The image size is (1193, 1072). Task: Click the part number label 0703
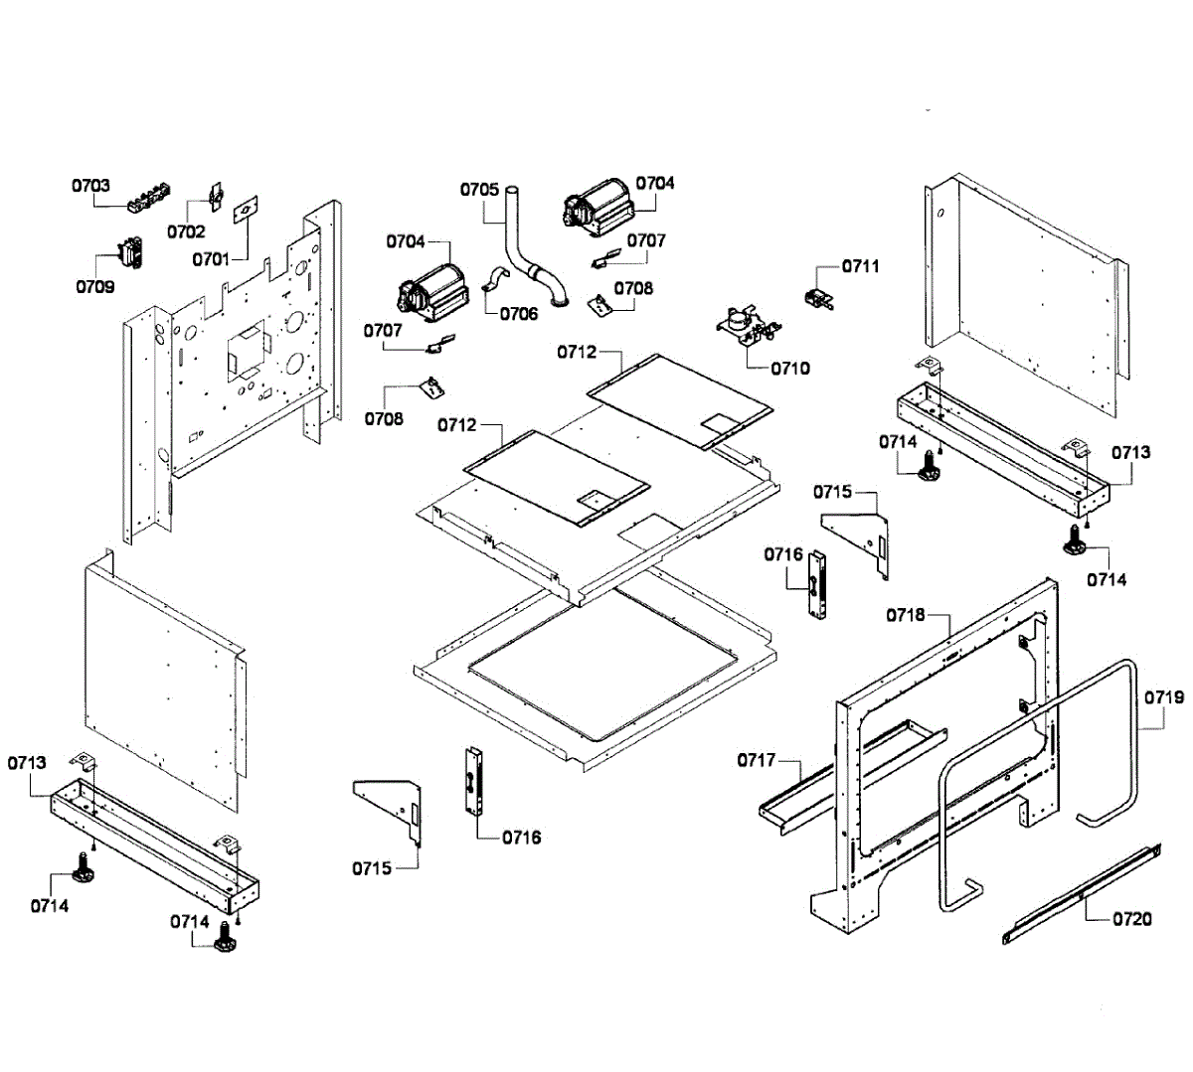91,186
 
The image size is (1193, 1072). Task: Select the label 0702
186,231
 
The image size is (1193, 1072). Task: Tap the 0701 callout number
211,259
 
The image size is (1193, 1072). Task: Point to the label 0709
95,286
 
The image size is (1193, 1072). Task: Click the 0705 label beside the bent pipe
480,190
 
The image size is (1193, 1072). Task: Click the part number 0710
790,369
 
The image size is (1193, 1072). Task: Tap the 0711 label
861,266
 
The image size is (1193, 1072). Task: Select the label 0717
757,760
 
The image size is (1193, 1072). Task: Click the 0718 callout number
906,615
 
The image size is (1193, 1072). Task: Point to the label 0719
1164,696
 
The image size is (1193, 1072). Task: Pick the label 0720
1132,919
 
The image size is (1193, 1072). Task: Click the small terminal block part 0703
148,198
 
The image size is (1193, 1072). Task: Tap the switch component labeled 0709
131,252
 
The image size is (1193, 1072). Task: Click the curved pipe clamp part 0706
496,279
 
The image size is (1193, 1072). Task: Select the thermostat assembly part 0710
748,328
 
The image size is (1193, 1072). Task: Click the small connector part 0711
819,298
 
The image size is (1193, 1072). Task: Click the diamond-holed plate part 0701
246,210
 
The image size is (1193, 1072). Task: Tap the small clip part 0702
215,196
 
